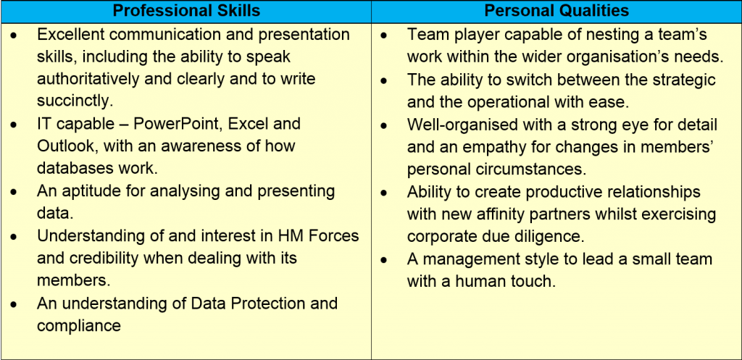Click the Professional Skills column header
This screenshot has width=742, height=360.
[x=186, y=12]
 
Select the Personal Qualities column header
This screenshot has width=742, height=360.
[x=556, y=12]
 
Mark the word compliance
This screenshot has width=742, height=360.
[x=79, y=325]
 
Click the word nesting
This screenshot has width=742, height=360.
[x=613, y=35]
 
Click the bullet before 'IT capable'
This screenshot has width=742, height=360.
[x=14, y=125]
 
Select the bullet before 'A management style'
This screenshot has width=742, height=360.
[x=385, y=260]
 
